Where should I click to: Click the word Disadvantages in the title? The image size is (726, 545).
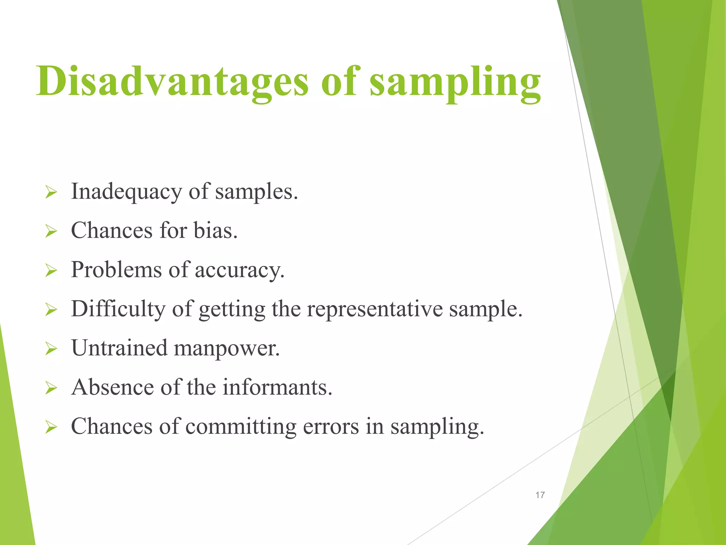(172, 82)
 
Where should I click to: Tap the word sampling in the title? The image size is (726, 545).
(455, 83)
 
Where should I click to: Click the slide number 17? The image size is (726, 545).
(540, 495)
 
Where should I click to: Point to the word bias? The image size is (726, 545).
(215, 230)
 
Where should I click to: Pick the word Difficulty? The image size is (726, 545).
(118, 309)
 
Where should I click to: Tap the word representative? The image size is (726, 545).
(374, 309)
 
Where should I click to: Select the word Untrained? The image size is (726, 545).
(119, 348)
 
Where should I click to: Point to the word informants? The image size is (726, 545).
(277, 387)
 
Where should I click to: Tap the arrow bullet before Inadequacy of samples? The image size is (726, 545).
(51, 193)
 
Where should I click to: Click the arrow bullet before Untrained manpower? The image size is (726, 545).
(51, 349)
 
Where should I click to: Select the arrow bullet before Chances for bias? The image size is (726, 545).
(51, 232)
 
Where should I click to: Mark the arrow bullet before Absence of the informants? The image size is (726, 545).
(51, 388)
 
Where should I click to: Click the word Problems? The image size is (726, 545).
(116, 270)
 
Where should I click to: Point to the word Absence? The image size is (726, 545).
(112, 387)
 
